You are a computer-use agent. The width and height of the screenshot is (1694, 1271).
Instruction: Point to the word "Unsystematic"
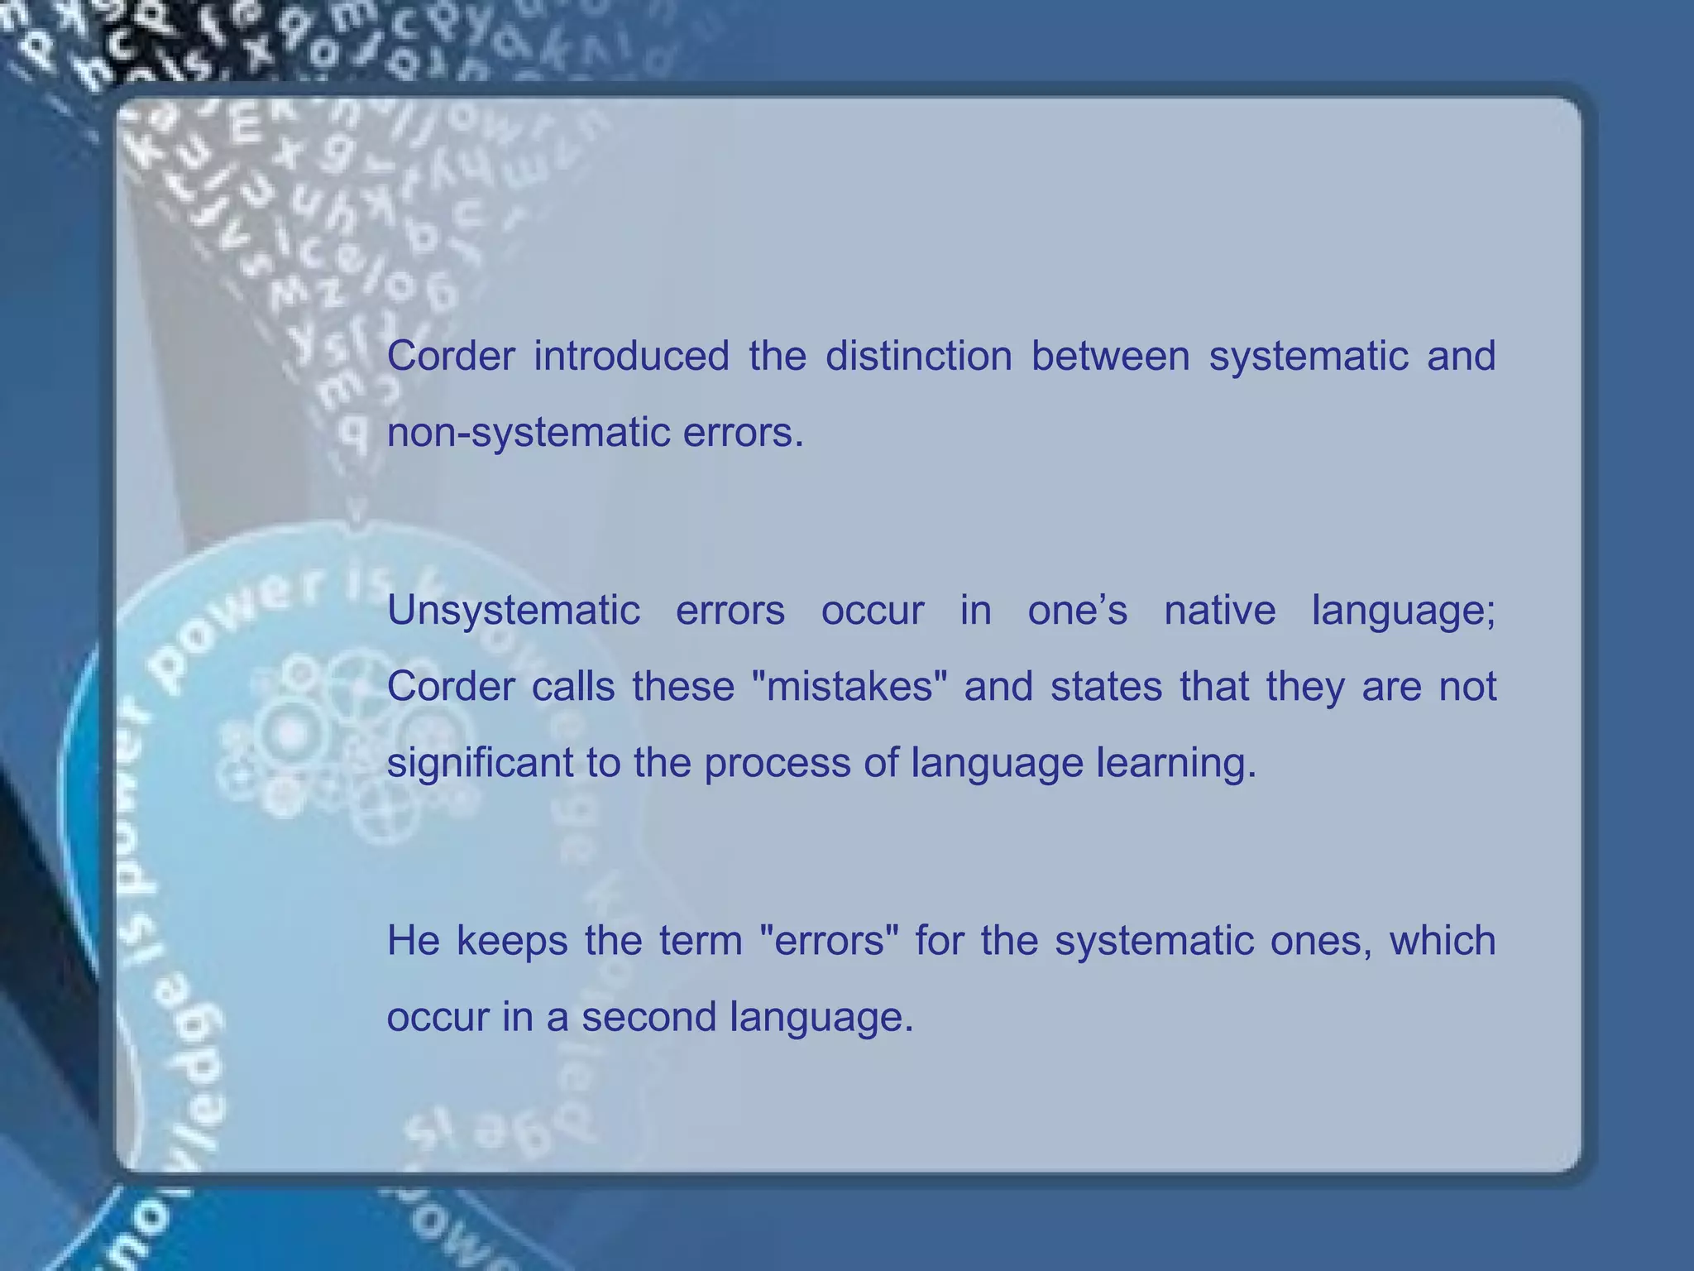[513, 612]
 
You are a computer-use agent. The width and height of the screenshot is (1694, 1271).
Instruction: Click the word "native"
[1219, 612]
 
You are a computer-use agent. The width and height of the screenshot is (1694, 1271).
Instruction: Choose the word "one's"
[1077, 612]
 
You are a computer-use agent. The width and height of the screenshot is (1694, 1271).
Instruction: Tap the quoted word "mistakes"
[849, 687]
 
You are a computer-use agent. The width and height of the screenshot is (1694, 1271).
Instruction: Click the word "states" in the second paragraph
[1106, 687]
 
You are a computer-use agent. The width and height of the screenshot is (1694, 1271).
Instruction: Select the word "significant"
[480, 763]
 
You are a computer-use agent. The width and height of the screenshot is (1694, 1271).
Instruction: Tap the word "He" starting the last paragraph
[413, 941]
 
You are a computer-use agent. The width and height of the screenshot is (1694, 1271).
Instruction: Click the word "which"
[1442, 941]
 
